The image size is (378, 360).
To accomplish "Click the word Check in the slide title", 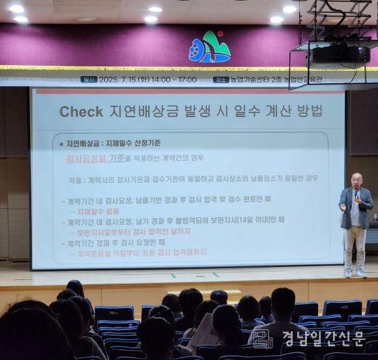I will tap(81, 111).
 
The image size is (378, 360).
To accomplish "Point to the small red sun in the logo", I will tap(220, 34).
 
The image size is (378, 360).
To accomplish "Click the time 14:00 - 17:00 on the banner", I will tap(175, 79).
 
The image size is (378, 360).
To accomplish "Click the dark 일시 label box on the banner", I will tap(89, 79).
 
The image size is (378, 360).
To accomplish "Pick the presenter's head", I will tap(356, 180).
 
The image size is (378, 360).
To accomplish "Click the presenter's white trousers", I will tap(355, 247).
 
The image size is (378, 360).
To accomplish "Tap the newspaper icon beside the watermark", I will tap(263, 339).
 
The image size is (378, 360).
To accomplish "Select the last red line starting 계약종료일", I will tap(141, 253).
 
